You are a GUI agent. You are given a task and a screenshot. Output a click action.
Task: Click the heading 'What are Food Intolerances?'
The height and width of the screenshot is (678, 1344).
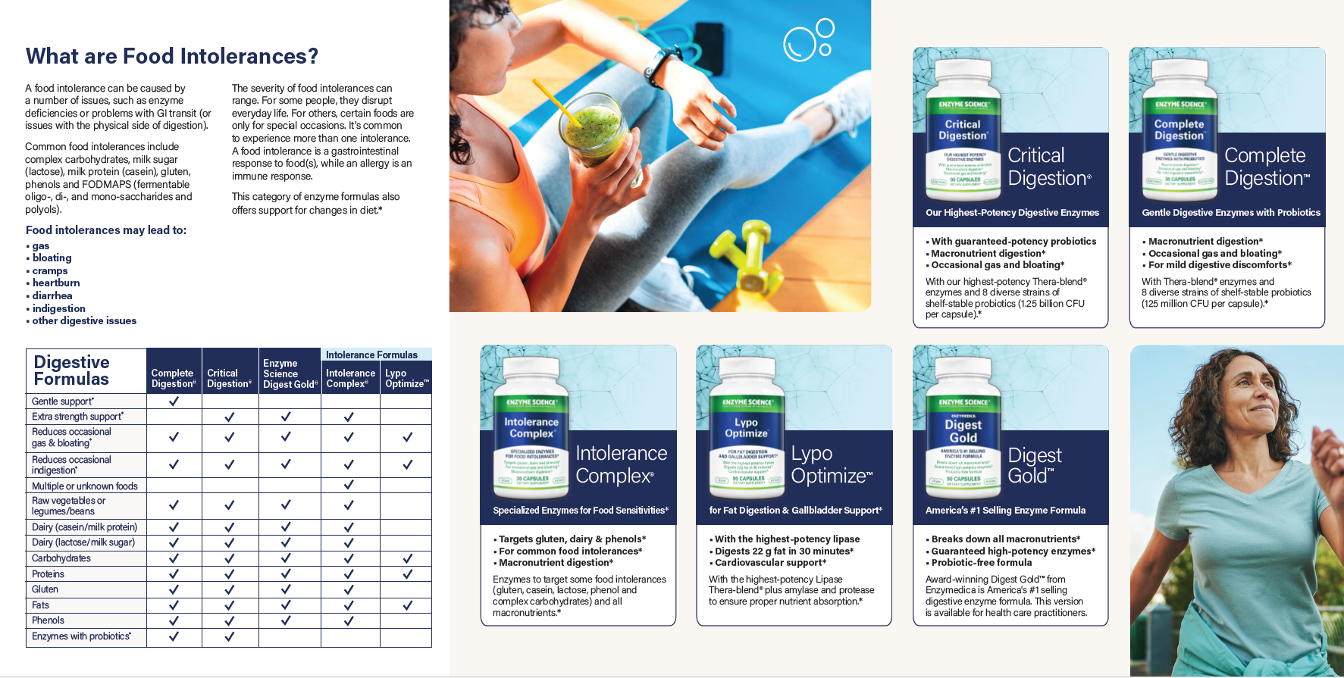172,56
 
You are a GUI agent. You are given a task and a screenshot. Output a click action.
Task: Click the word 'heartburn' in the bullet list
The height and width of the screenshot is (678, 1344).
56,283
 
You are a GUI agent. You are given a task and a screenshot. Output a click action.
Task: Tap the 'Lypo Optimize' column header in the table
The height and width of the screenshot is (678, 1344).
406,378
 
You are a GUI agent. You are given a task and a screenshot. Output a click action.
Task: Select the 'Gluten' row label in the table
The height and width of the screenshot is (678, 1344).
45,589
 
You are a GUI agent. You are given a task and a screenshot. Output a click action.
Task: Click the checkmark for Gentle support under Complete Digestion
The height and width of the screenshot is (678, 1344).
174,401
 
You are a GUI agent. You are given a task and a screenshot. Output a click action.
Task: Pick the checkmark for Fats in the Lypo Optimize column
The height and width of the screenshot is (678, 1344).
407,605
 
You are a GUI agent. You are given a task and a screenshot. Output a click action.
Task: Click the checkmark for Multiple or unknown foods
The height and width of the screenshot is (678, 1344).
349,485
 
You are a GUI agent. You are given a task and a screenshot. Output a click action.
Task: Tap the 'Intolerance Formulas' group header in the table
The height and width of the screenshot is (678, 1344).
371,355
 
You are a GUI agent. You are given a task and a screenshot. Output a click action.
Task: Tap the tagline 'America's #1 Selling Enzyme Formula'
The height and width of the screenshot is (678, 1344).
1005,511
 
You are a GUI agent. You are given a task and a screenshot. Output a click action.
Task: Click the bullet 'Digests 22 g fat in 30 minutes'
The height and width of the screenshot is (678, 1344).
784,551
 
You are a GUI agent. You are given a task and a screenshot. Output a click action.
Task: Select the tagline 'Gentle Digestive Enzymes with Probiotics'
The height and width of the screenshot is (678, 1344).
1231,213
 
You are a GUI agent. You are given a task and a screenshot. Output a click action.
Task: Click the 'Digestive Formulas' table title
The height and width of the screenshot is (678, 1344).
72,370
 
